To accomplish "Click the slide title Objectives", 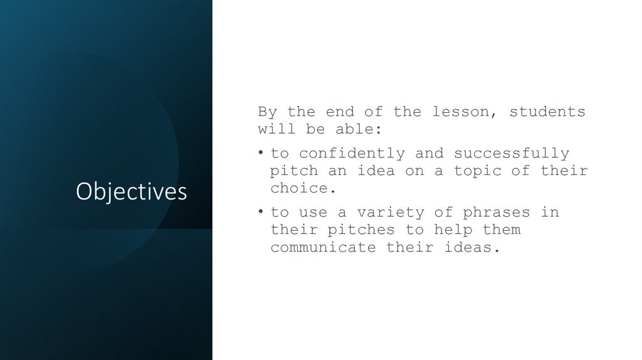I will pyautogui.click(x=131, y=192).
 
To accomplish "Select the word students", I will pyautogui.click(x=547, y=112).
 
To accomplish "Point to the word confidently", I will pyautogui.click(x=352, y=154).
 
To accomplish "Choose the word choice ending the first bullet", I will pyautogui.click(x=299, y=188).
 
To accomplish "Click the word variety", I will pyautogui.click(x=391, y=213).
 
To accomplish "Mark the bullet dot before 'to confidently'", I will pyautogui.click(x=262, y=154).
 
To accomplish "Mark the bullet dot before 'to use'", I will pyautogui.click(x=262, y=213).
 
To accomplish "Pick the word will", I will pyautogui.click(x=273, y=130).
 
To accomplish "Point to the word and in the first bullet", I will pyautogui.click(x=429, y=154).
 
